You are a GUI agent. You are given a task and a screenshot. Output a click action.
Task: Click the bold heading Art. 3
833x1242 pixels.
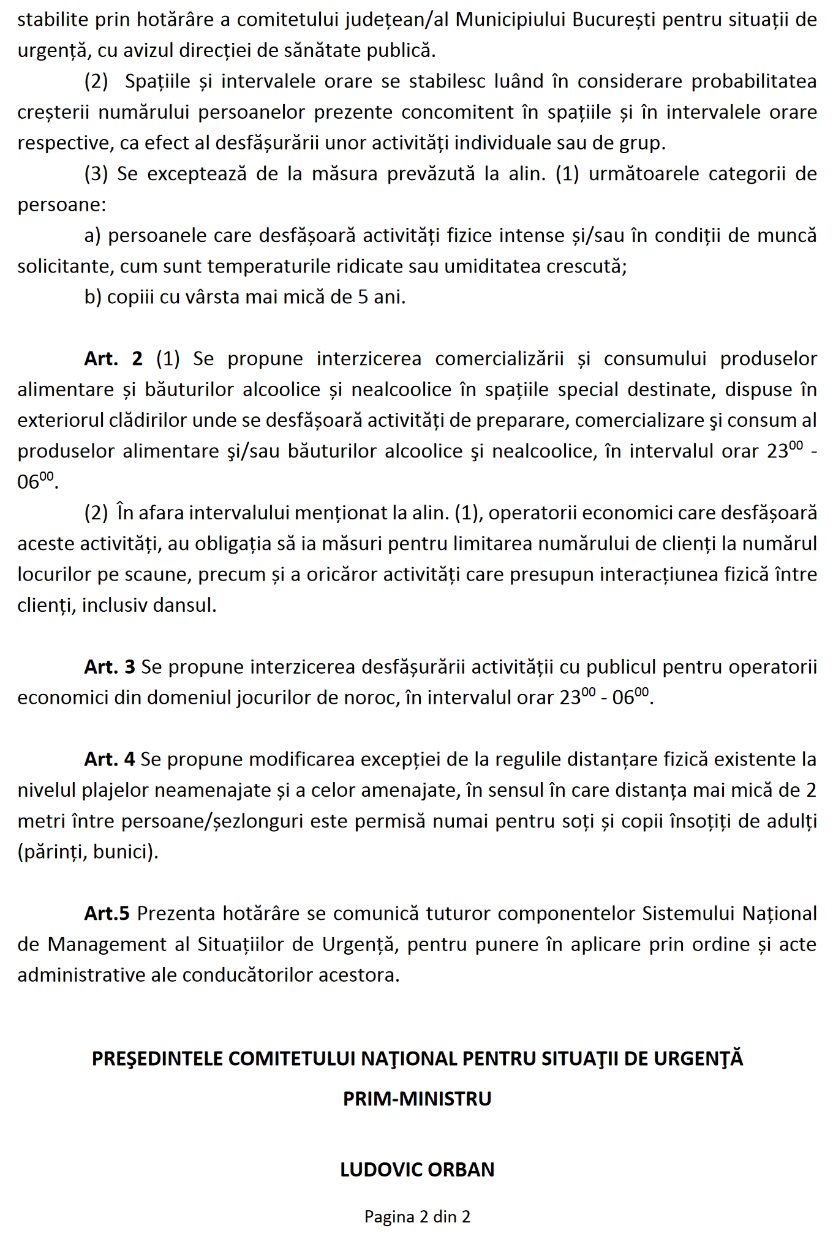[x=109, y=667]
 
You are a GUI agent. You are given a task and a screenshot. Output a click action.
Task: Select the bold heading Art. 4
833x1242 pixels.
[x=109, y=759]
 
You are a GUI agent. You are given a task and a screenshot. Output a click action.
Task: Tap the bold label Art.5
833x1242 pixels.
[x=107, y=913]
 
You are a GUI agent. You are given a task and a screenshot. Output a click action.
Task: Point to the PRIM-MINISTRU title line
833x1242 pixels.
[x=417, y=1098]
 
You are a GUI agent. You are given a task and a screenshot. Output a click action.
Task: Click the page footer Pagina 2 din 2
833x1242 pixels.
[x=417, y=1216]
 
